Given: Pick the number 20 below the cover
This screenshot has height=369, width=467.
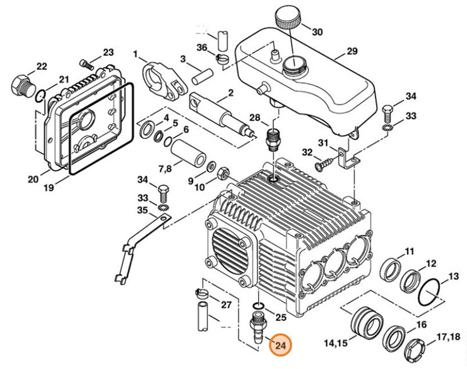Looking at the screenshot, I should [x=33, y=179].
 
